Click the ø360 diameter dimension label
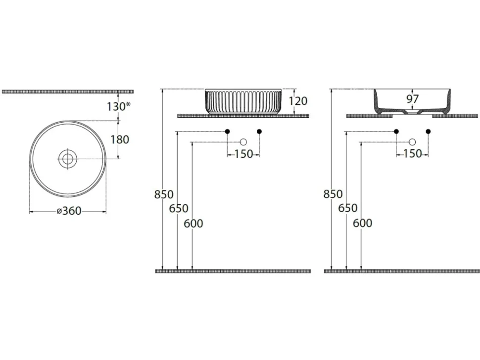[x=69, y=211]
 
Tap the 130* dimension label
[x=119, y=106]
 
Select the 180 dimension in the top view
[x=120, y=139]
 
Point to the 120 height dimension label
[x=298, y=101]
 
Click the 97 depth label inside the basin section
[x=412, y=99]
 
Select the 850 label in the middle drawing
[x=164, y=194]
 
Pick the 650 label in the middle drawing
[x=179, y=208]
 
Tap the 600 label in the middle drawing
[x=193, y=224]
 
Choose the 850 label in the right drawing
[x=333, y=194]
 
